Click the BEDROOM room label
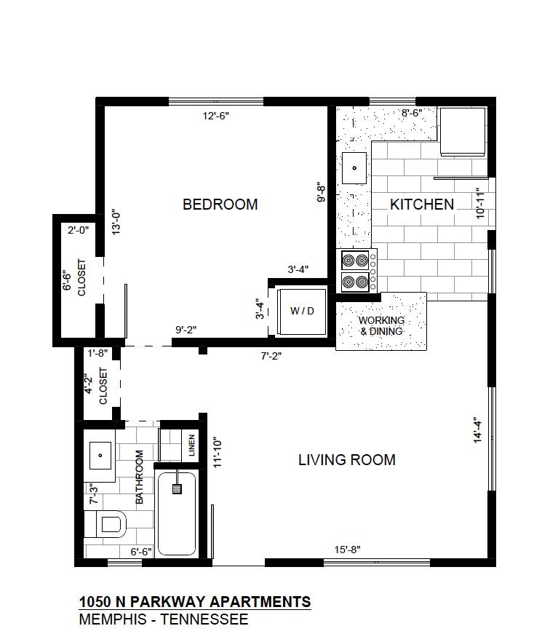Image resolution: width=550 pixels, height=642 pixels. click(220, 205)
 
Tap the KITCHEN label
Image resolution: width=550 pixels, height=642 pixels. click(422, 205)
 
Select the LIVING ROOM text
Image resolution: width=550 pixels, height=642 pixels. click(346, 460)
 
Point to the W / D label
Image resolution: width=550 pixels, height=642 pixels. click(302, 312)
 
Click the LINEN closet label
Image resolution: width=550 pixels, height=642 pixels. click(191, 445)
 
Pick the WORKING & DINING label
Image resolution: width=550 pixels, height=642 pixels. click(381, 326)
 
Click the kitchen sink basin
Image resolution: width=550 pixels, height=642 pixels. click(354, 168)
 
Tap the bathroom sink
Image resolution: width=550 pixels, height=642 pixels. click(100, 456)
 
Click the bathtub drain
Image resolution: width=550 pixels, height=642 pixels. click(177, 489)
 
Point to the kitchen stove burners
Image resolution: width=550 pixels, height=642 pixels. click(355, 271)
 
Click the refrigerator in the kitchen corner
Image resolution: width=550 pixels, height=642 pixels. click(463, 132)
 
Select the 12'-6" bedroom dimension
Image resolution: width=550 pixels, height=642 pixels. click(215, 116)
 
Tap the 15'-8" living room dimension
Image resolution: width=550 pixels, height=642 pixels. click(348, 550)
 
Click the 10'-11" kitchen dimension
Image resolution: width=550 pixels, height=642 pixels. click(480, 203)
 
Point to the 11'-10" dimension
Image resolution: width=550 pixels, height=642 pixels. click(218, 453)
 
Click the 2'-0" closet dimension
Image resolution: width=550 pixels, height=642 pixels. click(78, 230)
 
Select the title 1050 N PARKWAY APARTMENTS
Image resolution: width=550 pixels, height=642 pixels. click(195, 602)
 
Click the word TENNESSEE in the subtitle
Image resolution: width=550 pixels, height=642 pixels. click(204, 619)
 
